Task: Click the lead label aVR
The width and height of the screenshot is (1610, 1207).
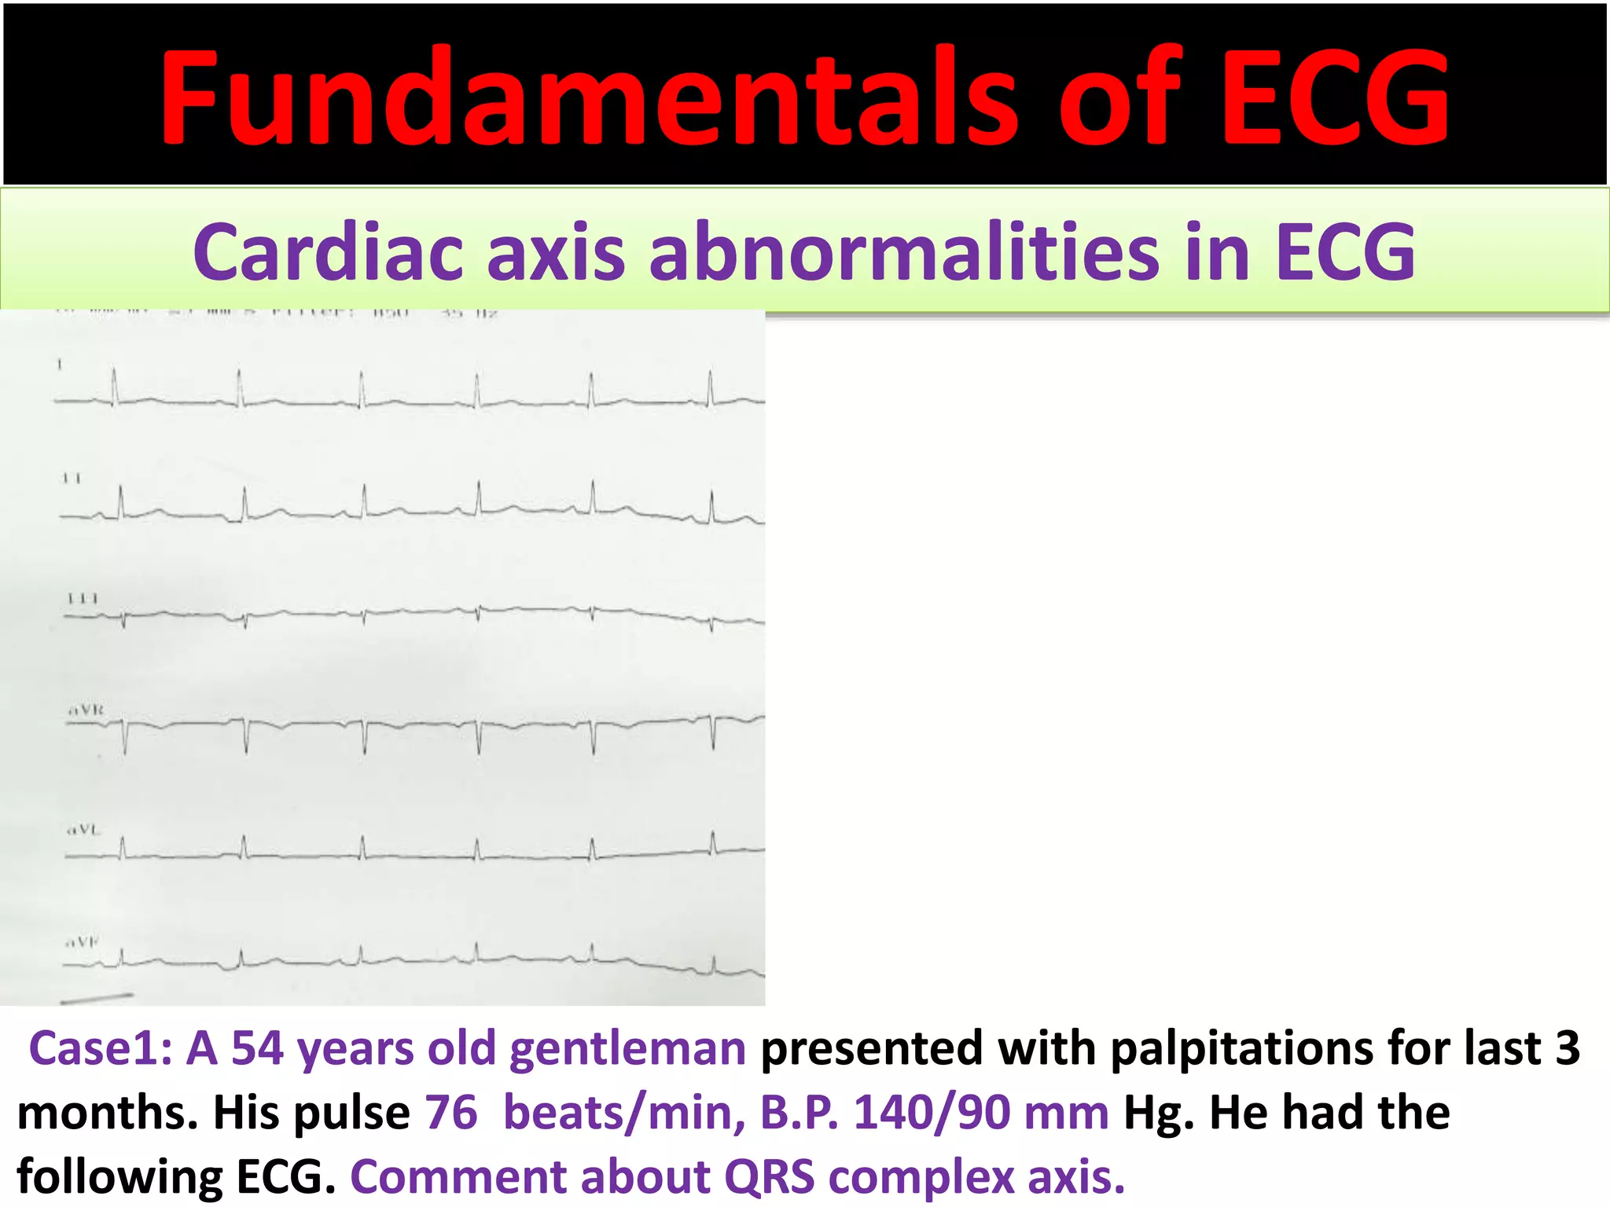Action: (x=86, y=710)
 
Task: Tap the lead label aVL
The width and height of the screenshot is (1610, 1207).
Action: (x=83, y=829)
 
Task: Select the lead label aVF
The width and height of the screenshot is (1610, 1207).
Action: (x=82, y=941)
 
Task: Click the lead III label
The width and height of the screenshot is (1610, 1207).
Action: (x=83, y=599)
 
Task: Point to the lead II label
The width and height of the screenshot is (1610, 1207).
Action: (x=72, y=478)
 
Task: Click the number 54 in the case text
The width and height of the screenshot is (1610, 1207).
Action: (x=257, y=1048)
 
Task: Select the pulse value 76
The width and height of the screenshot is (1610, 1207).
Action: (x=451, y=1113)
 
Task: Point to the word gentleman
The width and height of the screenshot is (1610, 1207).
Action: (x=627, y=1050)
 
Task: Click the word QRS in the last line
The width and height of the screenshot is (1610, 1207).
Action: (x=769, y=1177)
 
